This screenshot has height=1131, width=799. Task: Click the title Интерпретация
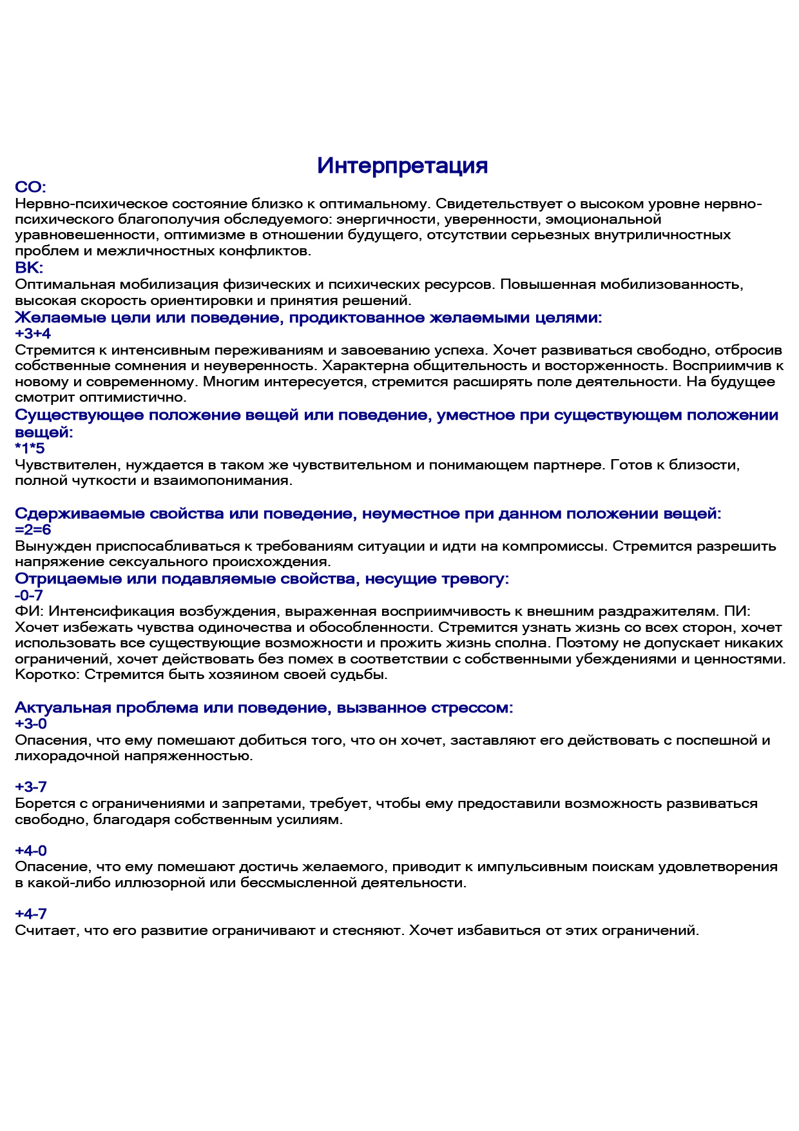[x=402, y=166]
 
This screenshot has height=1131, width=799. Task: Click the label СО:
[x=30, y=188]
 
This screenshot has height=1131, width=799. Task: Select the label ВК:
[x=29, y=268]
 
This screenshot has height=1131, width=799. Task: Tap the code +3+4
[x=33, y=334]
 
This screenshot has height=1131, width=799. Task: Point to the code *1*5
[x=30, y=448]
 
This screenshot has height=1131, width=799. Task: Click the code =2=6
[x=33, y=530]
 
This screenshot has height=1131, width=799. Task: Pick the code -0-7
[x=29, y=595]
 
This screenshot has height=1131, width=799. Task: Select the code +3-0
[x=31, y=724]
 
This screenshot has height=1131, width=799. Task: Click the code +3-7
[x=31, y=787]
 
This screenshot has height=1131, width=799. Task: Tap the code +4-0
[x=31, y=851]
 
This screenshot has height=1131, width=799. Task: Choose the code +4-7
[x=31, y=914]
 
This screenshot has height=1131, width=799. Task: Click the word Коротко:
[x=48, y=675]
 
